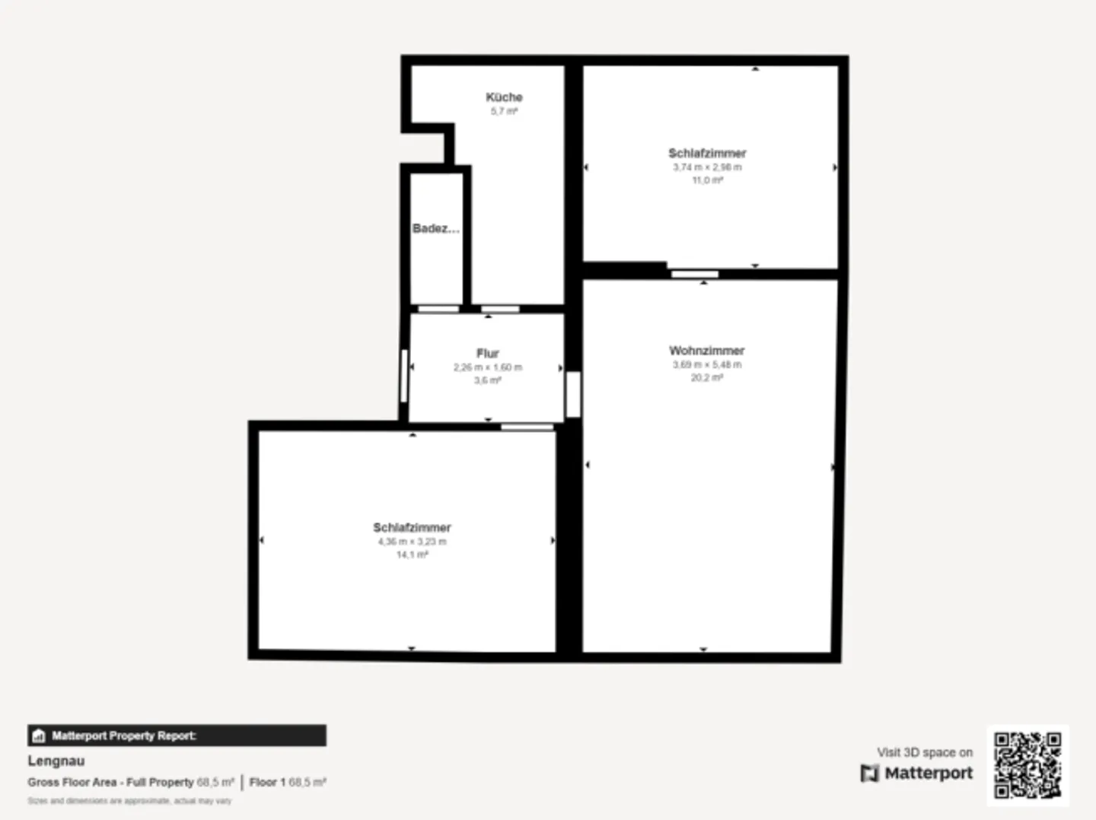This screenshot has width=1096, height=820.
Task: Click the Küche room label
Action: tap(504, 97)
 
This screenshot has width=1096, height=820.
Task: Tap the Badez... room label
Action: tap(435, 228)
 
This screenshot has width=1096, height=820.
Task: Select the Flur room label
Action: tap(488, 353)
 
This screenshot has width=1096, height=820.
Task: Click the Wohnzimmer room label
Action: tap(706, 351)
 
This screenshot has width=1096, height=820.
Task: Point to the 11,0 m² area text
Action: tap(707, 180)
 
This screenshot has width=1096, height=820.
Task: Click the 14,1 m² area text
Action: tap(412, 555)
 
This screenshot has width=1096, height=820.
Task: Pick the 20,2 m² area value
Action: tap(706, 378)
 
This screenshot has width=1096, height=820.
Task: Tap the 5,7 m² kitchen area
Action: tap(504, 111)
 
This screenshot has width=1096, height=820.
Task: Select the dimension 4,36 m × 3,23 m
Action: tap(412, 542)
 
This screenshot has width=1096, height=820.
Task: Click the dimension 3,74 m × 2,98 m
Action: tap(707, 167)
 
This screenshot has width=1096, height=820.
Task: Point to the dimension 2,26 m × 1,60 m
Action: tap(488, 367)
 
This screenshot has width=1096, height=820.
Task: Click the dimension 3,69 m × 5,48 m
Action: tap(706, 364)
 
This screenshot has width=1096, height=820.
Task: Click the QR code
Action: tap(1027, 765)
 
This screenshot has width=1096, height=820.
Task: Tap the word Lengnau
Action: tap(56, 761)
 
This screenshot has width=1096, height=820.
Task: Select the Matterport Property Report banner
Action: tap(177, 736)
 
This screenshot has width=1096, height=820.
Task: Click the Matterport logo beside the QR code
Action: tap(917, 773)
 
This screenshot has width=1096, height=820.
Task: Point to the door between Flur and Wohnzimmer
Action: tap(573, 394)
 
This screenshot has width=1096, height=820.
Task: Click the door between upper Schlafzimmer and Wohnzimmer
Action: tap(694, 274)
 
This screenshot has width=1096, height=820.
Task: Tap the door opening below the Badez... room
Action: tap(438, 309)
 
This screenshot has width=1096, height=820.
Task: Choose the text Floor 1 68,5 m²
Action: tap(288, 782)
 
